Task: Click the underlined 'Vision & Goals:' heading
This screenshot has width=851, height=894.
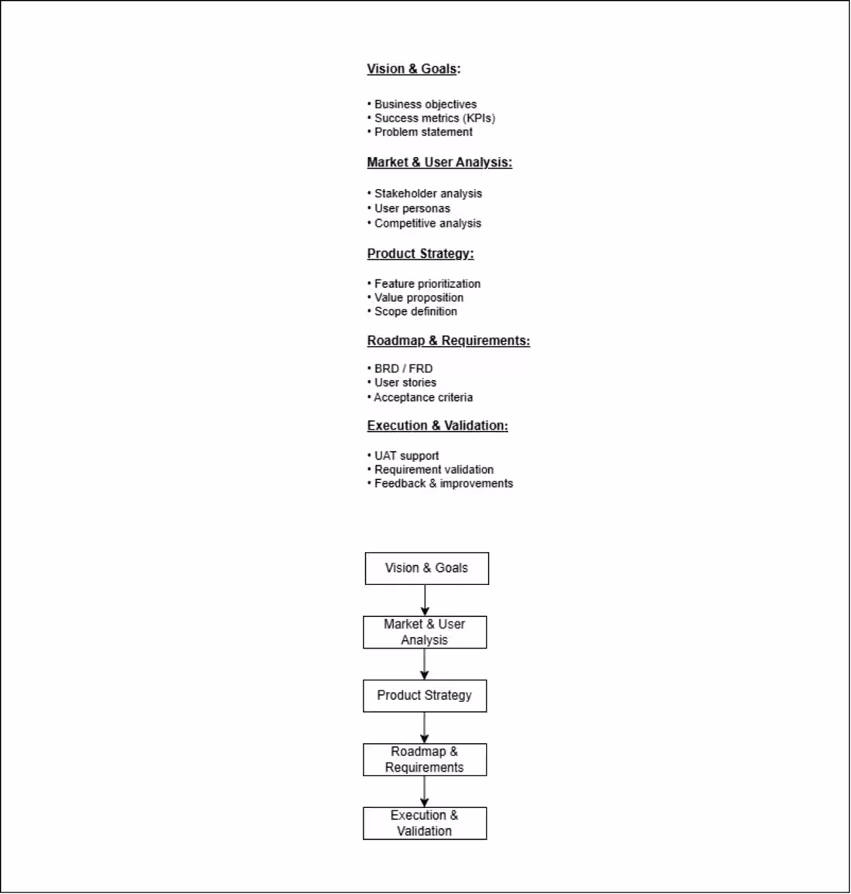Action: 413,69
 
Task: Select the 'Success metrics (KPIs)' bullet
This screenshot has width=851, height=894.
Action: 434,118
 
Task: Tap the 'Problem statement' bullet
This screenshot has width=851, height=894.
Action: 423,132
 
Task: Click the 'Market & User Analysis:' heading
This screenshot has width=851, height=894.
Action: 439,163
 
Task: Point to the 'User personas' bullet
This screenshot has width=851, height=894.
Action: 412,208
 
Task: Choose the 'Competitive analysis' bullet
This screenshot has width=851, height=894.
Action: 427,223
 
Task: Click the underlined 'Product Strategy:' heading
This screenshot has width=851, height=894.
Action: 420,254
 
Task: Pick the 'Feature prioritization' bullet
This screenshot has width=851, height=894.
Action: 427,284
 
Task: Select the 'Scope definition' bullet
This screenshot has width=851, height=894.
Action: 415,312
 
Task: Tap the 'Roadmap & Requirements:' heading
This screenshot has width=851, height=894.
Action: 449,341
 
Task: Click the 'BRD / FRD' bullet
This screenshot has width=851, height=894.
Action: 403,369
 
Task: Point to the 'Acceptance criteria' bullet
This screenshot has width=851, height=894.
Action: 423,397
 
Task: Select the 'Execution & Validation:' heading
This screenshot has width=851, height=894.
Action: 437,426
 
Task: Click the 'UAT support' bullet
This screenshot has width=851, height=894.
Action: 406,456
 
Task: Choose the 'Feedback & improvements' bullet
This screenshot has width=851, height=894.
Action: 443,484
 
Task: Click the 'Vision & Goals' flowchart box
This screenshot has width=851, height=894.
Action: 426,568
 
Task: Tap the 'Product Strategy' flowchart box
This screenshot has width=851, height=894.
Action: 425,696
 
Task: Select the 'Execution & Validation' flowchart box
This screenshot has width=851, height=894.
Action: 425,824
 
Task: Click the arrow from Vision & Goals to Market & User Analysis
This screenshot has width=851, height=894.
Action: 425,601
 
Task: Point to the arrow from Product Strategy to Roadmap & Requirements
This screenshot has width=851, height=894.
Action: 424,728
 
